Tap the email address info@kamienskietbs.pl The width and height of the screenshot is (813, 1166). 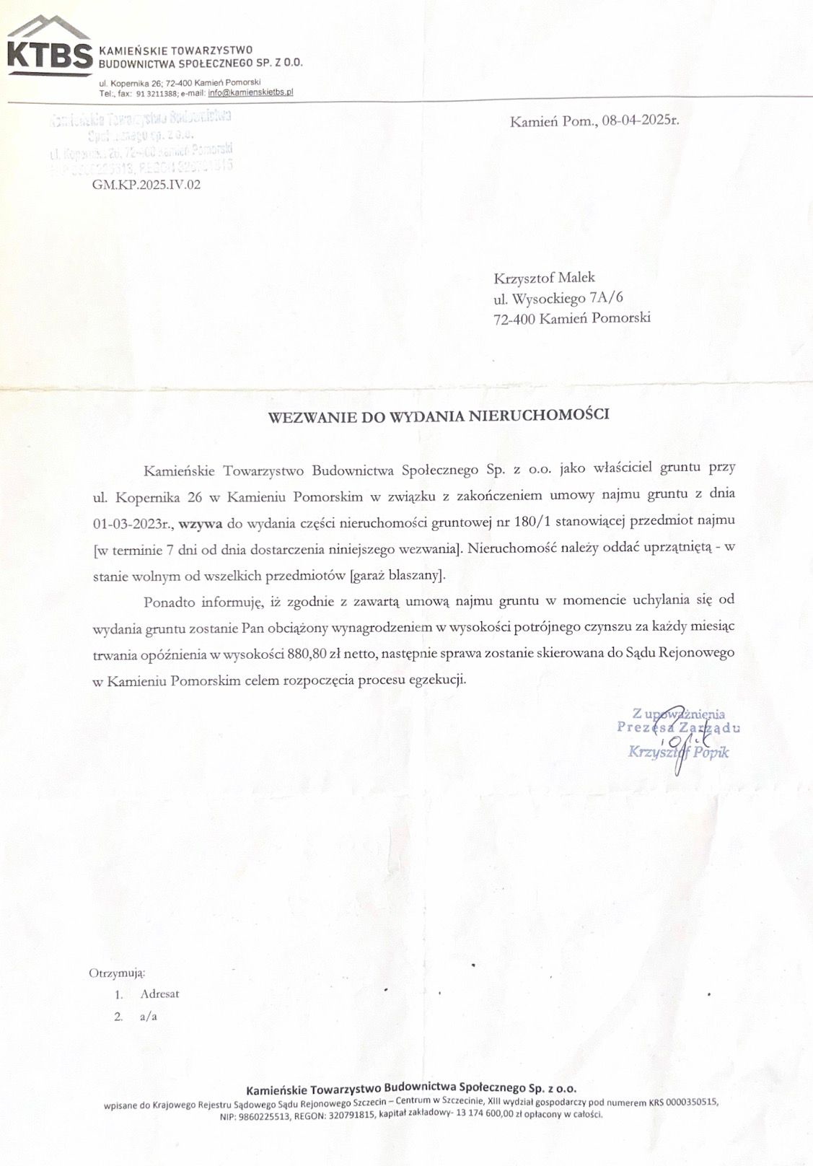[250, 93]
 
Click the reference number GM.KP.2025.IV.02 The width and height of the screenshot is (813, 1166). [146, 184]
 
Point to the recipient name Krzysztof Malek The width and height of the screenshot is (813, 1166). [544, 278]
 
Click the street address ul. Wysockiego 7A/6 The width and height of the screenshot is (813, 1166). [558, 297]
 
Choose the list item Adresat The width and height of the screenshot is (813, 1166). [159, 994]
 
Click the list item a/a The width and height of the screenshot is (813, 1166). [149, 1017]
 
